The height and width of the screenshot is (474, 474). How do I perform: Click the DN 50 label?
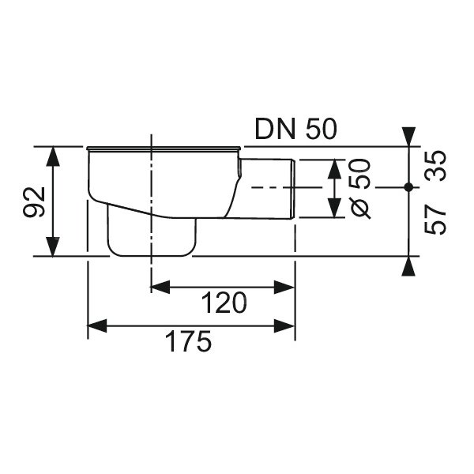coord(295,129)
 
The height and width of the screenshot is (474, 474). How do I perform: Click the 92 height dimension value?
coord(34,202)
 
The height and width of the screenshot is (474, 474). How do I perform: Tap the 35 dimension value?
coord(435,166)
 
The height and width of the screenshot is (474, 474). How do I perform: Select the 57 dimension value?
coord(435,219)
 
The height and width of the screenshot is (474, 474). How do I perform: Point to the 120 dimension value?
coord(224,303)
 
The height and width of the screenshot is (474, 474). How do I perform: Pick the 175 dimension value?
coord(189,341)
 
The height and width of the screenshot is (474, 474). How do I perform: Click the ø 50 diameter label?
coord(359,189)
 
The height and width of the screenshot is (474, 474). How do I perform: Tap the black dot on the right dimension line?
coord(408,187)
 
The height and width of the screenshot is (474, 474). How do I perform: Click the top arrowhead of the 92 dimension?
coord(53,156)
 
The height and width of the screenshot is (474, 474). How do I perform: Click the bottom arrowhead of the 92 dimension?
coord(53,246)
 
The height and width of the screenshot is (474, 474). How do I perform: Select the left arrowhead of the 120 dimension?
coord(160,287)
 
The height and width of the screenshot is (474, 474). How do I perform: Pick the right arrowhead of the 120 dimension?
coord(284,287)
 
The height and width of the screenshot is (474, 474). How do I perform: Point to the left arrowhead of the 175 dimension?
coord(97,325)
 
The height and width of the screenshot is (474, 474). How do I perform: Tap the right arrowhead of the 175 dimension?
coord(284,325)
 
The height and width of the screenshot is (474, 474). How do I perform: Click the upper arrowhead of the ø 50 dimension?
coord(334,169)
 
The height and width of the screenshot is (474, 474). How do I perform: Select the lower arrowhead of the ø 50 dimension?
coord(334,208)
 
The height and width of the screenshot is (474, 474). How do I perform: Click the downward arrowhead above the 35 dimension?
coord(408,137)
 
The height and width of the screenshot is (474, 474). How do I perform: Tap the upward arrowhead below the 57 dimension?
coord(408,266)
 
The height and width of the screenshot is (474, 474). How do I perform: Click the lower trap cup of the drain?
coord(152,235)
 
